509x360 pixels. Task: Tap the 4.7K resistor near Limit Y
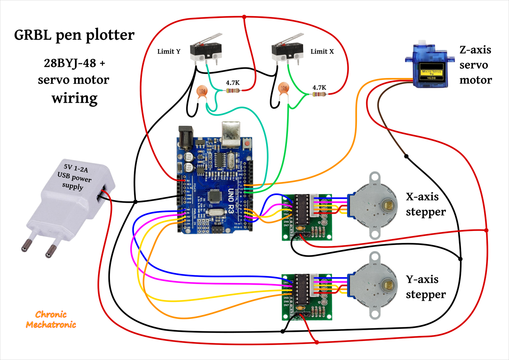click(233, 91)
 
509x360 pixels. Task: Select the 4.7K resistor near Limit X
click(319, 94)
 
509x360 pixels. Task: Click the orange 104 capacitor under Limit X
click(283, 88)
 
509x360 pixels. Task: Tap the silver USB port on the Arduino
click(231, 134)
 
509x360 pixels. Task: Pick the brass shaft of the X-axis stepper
click(389, 205)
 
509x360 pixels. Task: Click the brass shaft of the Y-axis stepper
click(389, 285)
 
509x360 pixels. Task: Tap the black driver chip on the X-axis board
click(302, 210)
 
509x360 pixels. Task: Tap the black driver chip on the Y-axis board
click(302, 289)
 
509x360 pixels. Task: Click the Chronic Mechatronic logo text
click(51, 320)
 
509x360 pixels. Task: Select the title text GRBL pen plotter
click(74, 35)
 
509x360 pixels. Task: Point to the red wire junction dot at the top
click(244, 17)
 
